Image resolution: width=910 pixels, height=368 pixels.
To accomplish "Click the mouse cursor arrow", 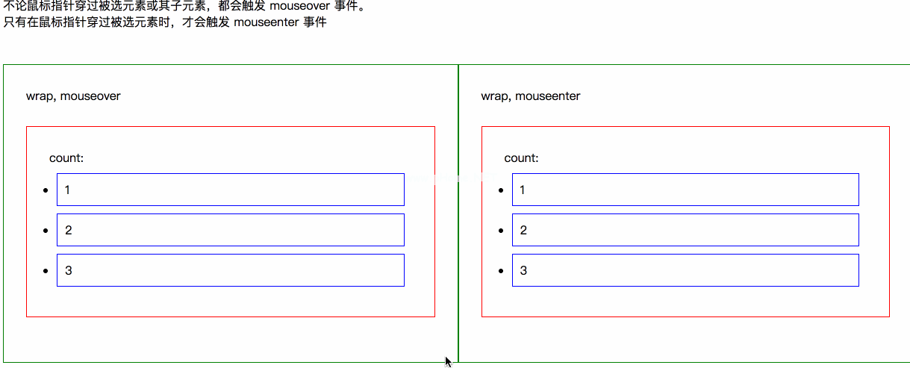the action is tap(448, 361).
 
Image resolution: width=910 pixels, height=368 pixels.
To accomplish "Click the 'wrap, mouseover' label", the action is tap(73, 96).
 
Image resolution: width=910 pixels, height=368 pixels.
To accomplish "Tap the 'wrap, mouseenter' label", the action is tap(531, 96).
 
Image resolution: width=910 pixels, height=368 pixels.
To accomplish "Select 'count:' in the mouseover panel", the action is tap(66, 158).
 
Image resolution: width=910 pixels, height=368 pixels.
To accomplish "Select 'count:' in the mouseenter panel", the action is tap(521, 158).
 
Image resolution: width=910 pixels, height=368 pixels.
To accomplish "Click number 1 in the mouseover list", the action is tap(67, 190).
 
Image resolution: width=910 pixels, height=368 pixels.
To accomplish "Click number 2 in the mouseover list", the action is tap(68, 231).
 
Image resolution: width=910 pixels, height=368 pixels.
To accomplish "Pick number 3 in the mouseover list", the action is tap(68, 270).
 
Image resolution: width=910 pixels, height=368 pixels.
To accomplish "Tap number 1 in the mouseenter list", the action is tap(523, 190).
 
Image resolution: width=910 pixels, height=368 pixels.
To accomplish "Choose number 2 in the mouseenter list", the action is tap(523, 231).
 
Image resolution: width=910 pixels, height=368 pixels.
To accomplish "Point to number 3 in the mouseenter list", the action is tap(523, 270).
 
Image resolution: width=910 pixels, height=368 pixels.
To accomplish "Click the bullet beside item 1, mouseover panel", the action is tap(46, 190).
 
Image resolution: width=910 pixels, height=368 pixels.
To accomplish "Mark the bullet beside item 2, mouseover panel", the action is tap(46, 231).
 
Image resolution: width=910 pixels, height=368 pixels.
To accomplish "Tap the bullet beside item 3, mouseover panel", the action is tap(46, 271).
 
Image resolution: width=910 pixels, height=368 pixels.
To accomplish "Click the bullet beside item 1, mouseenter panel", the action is tap(501, 190).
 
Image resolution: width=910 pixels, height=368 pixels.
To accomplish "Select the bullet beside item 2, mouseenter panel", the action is tap(501, 231).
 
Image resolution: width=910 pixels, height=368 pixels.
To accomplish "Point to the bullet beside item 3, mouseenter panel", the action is tap(501, 271).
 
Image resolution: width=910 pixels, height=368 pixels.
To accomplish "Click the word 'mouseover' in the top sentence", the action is tap(300, 6).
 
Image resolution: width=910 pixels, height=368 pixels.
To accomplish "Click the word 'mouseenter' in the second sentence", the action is tap(267, 22).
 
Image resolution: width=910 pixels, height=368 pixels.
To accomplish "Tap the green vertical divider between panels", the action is tap(458, 213).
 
